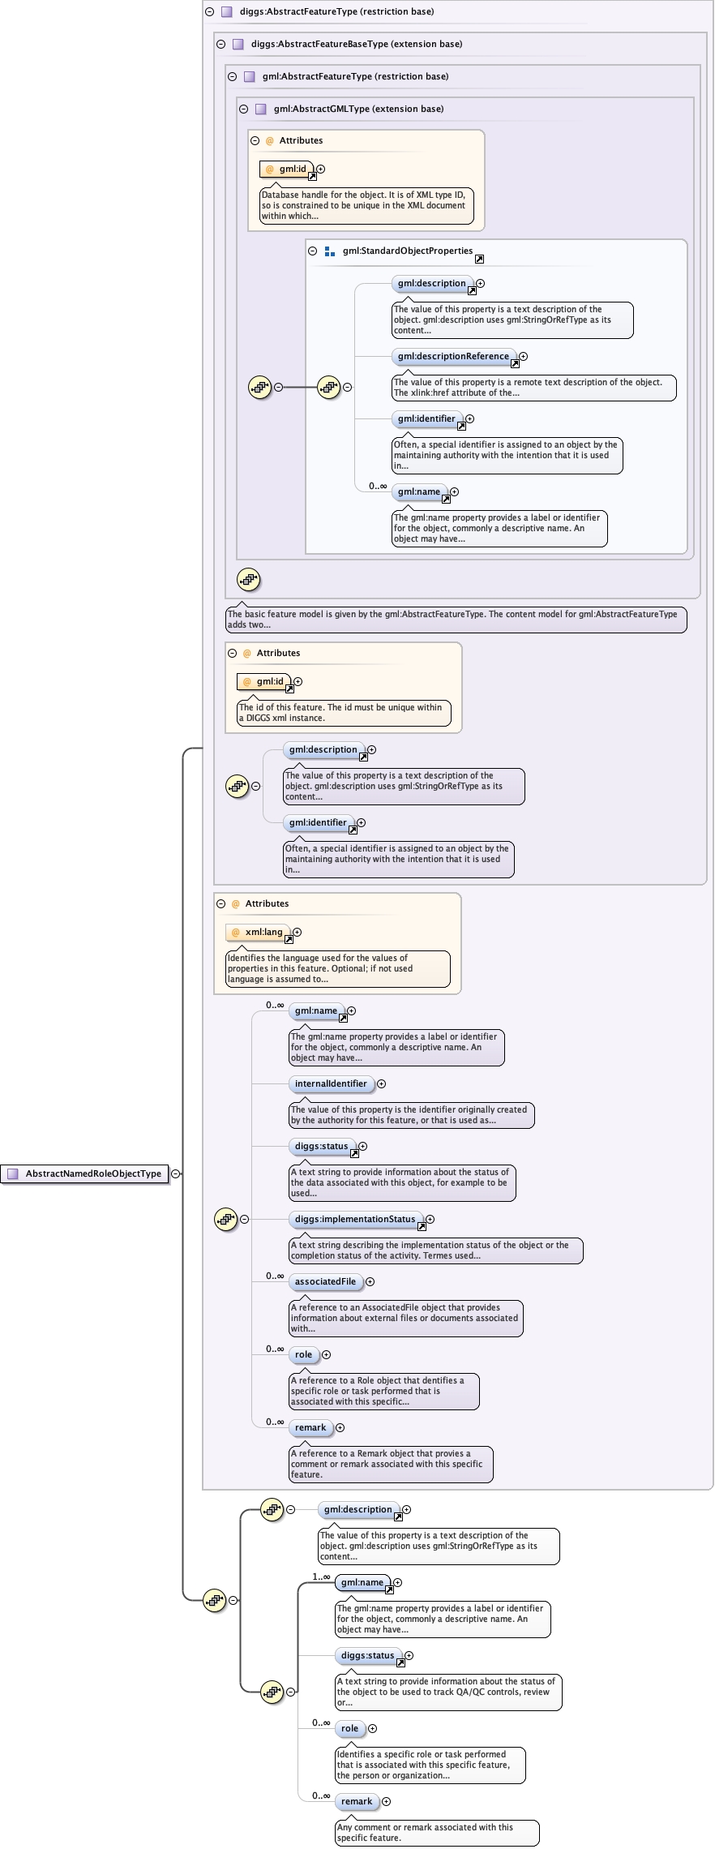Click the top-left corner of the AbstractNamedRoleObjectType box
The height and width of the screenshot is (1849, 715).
[x=1, y=1165]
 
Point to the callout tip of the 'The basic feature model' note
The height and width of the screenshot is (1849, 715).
[x=241, y=601]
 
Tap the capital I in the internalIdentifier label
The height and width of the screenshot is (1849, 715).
[x=332, y=1083]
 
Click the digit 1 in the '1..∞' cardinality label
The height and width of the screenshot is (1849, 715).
[x=315, y=1577]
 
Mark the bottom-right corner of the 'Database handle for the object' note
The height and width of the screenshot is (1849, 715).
[x=473, y=222]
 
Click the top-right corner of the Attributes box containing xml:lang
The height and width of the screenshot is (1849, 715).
[x=461, y=893]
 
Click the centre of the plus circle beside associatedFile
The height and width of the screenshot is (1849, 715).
[x=370, y=1281]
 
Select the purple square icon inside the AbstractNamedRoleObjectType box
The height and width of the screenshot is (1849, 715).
[x=13, y=1173]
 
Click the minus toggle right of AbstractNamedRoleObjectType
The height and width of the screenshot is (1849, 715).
[x=176, y=1173]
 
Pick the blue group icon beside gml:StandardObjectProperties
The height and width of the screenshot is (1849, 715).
[x=330, y=251]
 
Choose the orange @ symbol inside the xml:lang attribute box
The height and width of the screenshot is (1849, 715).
[x=236, y=933]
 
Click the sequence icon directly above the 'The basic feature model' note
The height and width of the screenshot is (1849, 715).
[x=248, y=579]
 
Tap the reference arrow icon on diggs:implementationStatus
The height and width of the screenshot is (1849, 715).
[x=422, y=1226]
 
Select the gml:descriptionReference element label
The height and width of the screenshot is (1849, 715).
[x=453, y=356]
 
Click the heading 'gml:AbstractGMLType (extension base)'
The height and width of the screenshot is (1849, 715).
[x=358, y=109]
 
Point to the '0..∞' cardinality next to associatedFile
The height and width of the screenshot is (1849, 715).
[x=275, y=1276]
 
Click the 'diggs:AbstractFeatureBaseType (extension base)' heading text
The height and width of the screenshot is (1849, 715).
[x=357, y=44]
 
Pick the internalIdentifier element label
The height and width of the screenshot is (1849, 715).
[x=331, y=1083]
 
